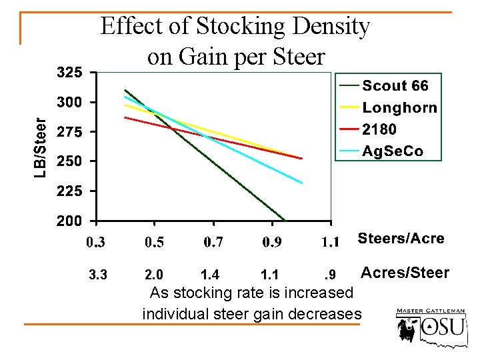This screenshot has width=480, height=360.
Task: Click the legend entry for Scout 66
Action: click(x=395, y=86)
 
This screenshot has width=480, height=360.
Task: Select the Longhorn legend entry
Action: click(x=399, y=107)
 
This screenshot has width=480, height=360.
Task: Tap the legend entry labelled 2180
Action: click(x=379, y=129)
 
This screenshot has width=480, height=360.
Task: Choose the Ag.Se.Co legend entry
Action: click(x=392, y=151)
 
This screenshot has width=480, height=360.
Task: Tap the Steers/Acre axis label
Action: click(x=401, y=239)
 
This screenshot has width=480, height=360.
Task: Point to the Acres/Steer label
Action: click(x=405, y=273)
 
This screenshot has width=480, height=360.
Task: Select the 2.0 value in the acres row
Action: click(x=155, y=274)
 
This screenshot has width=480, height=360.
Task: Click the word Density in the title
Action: click(x=327, y=27)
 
